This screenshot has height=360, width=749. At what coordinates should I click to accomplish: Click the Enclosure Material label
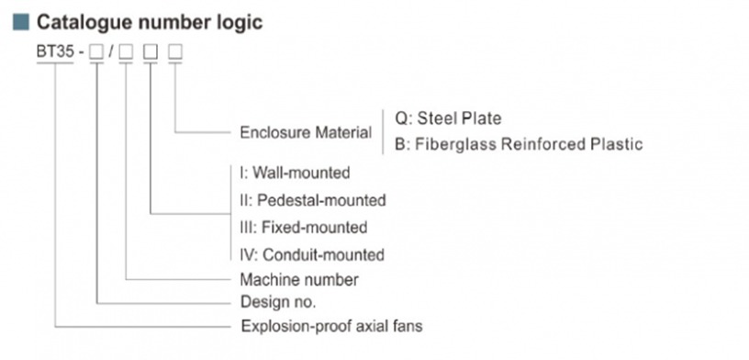[306, 132]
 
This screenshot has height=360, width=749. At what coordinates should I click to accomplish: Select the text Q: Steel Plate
[448, 118]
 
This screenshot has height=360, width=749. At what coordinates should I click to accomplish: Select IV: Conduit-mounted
[311, 254]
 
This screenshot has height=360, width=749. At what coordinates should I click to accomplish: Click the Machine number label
[299, 279]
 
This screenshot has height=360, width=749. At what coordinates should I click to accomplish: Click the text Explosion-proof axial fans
[331, 326]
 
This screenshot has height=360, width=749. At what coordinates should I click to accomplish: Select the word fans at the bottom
[406, 326]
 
